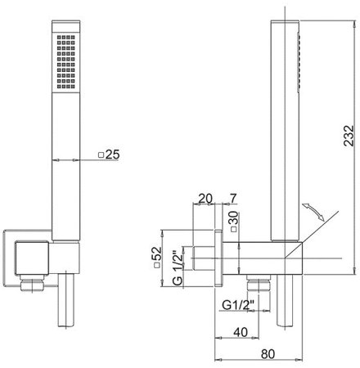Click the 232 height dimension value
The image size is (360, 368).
click(x=349, y=136)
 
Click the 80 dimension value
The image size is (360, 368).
click(x=268, y=354)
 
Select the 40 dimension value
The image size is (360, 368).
click(x=241, y=332)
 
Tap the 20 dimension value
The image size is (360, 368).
click(x=205, y=199)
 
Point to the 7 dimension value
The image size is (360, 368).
click(x=233, y=198)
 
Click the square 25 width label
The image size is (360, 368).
click(x=109, y=155)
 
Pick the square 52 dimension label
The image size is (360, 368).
click(x=157, y=258)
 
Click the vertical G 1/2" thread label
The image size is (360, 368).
click(x=178, y=268)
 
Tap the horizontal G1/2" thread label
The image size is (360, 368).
click(x=238, y=305)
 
